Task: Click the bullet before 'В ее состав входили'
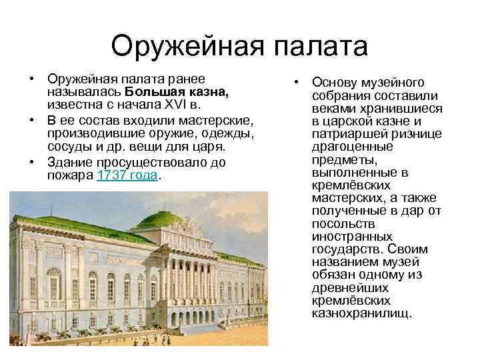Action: pyautogui.click(x=32, y=120)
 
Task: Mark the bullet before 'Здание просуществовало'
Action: pyautogui.click(x=32, y=162)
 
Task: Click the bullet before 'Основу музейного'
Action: pyautogui.click(x=296, y=83)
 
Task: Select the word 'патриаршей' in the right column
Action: pyautogui.click(x=346, y=134)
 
